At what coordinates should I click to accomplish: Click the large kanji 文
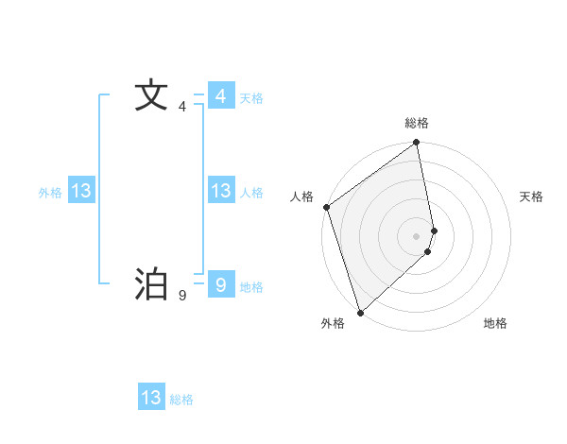150,95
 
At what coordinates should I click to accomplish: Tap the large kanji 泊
150,283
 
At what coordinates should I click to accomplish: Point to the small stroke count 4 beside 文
182,107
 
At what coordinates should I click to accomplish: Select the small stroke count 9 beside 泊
182,296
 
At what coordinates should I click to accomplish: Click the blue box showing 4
220,96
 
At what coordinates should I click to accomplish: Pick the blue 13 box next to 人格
220,191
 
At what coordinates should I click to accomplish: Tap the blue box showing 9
220,283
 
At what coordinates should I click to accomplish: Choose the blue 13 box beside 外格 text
81,191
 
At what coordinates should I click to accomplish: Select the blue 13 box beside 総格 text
151,397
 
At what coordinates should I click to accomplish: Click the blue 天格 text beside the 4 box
251,98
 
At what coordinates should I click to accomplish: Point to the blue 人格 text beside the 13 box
251,193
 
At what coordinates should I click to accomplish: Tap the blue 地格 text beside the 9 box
251,287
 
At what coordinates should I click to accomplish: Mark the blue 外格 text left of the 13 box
50,193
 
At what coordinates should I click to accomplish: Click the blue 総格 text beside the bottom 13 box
181,400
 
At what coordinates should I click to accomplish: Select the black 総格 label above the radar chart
417,123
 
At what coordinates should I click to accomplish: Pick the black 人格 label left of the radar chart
302,196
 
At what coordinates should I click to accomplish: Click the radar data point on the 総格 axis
417,144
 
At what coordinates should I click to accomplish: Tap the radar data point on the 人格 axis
327,207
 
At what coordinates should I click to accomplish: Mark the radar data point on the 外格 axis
360,312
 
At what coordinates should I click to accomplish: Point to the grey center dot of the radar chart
417,235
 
